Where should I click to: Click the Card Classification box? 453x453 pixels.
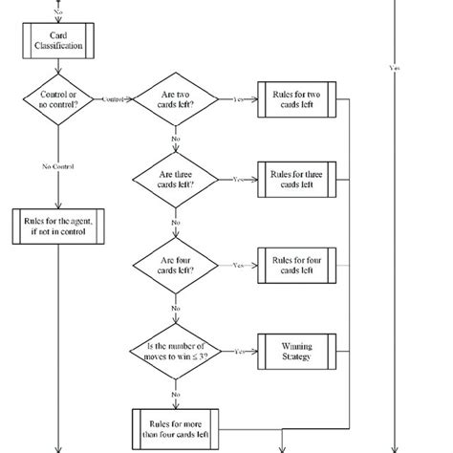tap(59, 40)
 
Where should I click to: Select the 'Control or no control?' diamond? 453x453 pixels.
tap(59, 97)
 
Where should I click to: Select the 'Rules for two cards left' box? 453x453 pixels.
tap(295, 98)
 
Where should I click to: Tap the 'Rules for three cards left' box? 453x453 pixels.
tap(295, 179)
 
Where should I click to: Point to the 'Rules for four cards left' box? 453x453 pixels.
tap(295, 264)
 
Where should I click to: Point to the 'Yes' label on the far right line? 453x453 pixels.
tap(396, 68)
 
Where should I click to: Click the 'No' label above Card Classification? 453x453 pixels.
tap(59, 11)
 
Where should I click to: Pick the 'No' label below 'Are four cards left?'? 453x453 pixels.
tap(175, 309)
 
